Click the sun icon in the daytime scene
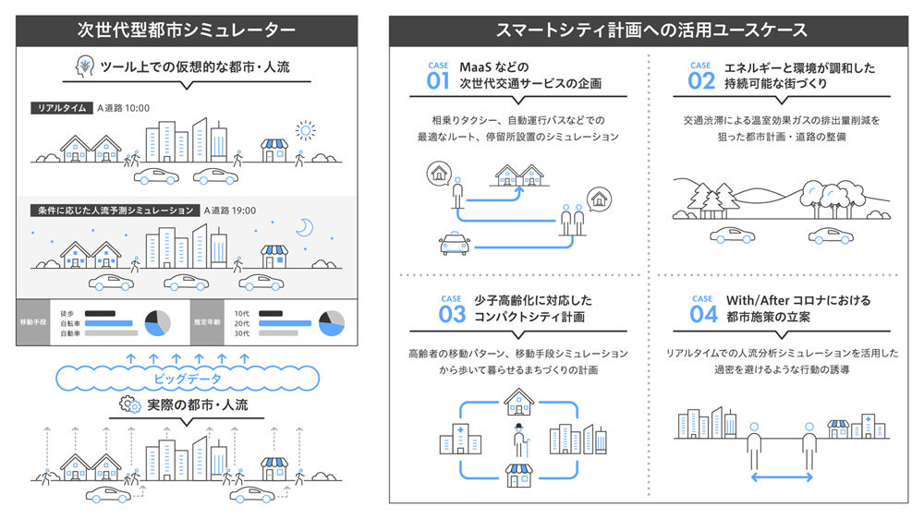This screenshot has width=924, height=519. [305, 130]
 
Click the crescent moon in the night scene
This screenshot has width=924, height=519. [305, 227]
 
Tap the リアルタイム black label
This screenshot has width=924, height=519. [62, 108]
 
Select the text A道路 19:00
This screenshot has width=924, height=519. [230, 211]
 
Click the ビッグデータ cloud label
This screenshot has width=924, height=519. [188, 379]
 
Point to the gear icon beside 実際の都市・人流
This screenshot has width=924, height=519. [130, 404]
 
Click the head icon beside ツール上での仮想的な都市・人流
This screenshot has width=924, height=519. [85, 66]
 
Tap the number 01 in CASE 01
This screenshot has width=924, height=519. [438, 80]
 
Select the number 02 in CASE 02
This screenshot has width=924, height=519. [701, 80]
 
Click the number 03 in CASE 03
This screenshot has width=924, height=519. [452, 314]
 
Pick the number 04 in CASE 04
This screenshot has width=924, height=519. [703, 314]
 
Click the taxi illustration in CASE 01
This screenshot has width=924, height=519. [455, 243]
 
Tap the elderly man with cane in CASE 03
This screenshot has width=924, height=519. [520, 441]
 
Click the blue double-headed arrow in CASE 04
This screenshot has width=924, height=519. [782, 477]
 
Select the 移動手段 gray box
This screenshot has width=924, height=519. [33, 322]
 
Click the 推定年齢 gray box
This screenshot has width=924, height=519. [207, 322]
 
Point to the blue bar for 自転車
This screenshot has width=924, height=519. [109, 323]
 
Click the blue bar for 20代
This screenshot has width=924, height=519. [285, 323]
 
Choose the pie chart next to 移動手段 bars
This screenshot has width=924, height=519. [157, 323]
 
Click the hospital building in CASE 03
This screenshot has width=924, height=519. [460, 439]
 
